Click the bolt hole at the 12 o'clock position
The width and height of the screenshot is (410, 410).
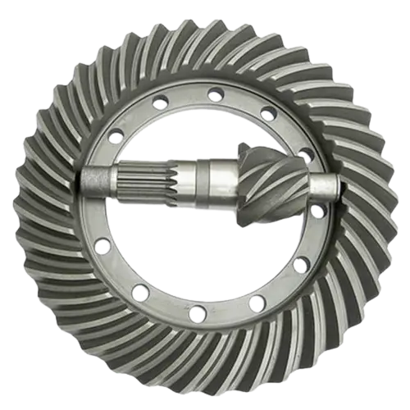point(215,94)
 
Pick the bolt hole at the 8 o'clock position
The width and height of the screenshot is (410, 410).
point(102,244)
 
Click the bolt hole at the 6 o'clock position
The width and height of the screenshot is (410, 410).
point(198,312)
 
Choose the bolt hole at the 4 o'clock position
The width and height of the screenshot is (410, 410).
point(300,264)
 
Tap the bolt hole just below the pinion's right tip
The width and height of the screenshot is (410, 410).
point(317,212)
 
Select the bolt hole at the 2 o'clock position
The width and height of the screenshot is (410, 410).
point(304,154)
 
